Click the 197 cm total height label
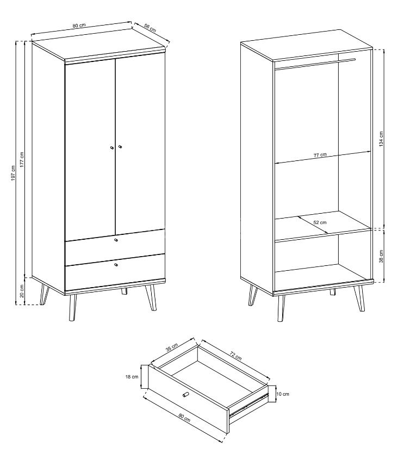(13, 173)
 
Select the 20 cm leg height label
(22, 291)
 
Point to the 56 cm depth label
(150, 28)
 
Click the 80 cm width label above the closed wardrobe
(79, 26)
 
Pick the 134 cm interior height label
(381, 139)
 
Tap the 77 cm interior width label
(320, 155)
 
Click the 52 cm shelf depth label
(320, 222)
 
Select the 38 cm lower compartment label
(381, 256)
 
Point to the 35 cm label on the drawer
(172, 347)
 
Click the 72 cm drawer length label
(235, 356)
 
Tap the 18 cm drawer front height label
(132, 377)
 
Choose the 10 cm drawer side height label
(283, 394)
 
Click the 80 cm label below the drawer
(184, 417)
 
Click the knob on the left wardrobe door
(111, 148)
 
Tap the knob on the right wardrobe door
(120, 147)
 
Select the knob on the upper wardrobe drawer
(116, 240)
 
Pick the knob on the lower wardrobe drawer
(116, 265)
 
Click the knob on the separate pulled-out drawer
(185, 394)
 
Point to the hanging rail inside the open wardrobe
(315, 64)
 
